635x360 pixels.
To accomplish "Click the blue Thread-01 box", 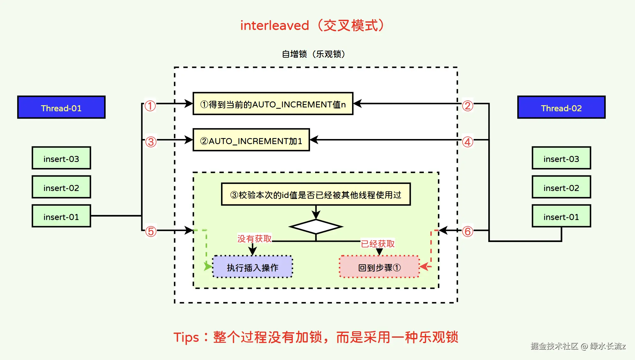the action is [61, 107].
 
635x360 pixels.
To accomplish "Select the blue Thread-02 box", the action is [561, 107].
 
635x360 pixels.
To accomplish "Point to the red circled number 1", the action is [150, 106].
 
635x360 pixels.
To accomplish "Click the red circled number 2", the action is [468, 106].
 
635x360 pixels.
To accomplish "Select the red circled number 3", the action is [151, 142].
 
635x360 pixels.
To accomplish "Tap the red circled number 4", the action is [468, 142].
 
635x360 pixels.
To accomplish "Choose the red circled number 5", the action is [151, 231].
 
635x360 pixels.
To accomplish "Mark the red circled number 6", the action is [468, 231].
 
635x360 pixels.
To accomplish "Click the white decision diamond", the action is [316, 227].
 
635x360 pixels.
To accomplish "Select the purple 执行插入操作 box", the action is [253, 267].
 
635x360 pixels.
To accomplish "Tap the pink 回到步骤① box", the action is [379, 267].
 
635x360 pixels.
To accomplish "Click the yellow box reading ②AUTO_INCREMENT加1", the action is [251, 140].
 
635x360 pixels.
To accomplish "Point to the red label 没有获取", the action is [255, 239].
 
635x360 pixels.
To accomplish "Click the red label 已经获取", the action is [378, 244].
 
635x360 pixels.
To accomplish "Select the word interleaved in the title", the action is [275, 26].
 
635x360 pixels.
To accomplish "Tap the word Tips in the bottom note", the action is [186, 338].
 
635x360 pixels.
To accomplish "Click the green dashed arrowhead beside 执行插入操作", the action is [208, 266].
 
